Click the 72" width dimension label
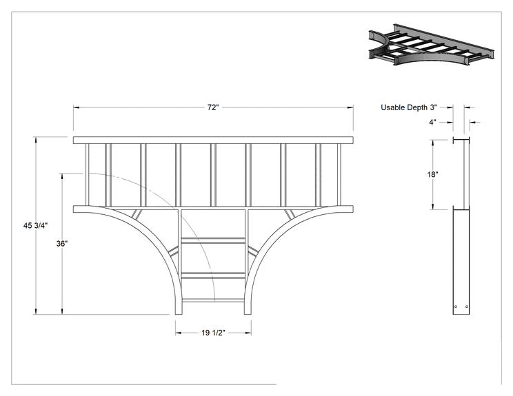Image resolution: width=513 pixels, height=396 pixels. (x=212, y=107)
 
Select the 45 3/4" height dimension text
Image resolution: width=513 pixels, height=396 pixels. (x=35, y=225)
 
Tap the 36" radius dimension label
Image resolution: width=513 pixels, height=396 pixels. (x=62, y=243)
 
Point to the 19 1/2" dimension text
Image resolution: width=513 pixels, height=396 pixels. (x=213, y=333)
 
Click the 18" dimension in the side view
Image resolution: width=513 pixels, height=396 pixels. (x=432, y=174)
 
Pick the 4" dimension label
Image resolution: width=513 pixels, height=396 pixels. (x=432, y=122)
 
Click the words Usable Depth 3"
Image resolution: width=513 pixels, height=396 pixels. (x=409, y=107)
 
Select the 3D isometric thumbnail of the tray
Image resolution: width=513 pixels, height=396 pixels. (x=431, y=45)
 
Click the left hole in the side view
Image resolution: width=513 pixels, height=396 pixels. (x=456, y=306)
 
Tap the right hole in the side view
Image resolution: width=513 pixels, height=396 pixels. (x=467, y=306)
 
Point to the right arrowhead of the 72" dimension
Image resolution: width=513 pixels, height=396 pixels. (x=350, y=107)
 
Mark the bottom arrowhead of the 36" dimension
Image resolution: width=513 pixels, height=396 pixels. (x=62, y=311)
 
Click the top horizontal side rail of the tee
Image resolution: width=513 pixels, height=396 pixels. (x=213, y=140)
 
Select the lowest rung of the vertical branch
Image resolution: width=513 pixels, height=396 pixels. (x=213, y=300)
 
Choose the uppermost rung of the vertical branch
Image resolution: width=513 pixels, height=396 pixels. (x=213, y=241)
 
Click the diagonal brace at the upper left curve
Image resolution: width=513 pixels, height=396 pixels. (x=137, y=214)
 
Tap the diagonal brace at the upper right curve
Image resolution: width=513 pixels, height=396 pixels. (x=290, y=214)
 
